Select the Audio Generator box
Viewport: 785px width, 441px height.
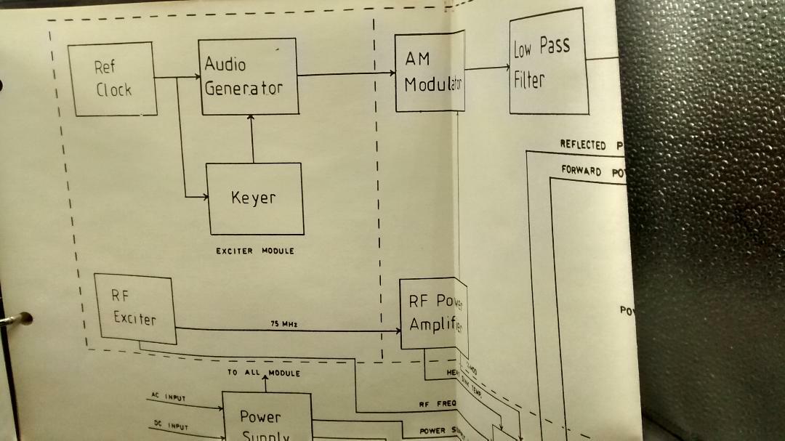tap(249, 76)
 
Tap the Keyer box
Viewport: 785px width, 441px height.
tap(254, 198)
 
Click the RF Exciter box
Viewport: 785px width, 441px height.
tap(135, 309)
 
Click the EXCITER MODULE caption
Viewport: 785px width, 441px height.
tap(254, 251)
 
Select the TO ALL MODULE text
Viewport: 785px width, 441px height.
tap(263, 373)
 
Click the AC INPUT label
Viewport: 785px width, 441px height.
tap(169, 397)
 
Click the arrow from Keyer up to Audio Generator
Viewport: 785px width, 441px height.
tap(252, 138)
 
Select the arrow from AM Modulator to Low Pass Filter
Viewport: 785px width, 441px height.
tap(487, 68)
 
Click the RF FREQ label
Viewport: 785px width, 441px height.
tap(436, 404)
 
